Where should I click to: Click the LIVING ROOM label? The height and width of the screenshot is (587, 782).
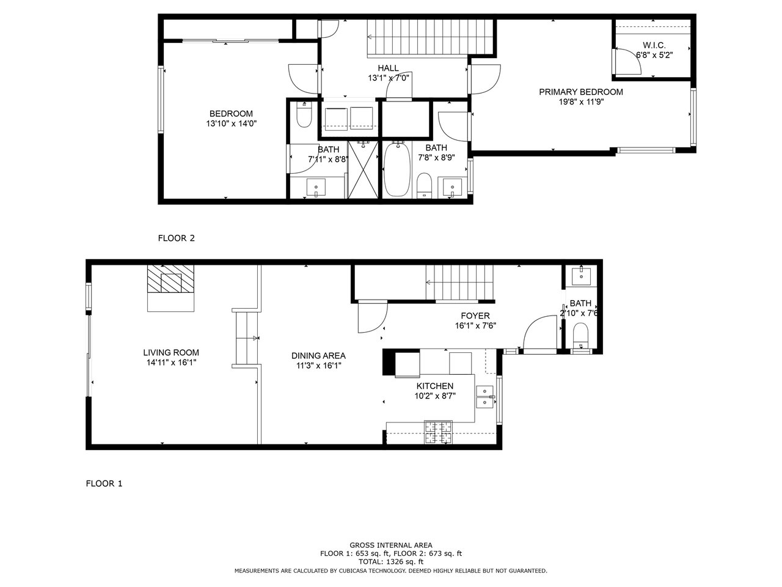(x=171, y=352)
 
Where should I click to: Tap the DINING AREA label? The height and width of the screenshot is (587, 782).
(x=318, y=355)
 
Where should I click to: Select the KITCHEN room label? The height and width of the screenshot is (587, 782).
(x=435, y=386)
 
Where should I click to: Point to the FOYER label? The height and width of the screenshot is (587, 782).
(x=475, y=316)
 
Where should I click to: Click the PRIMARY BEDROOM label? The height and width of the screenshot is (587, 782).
(x=581, y=92)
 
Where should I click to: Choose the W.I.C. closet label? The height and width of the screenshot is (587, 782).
(x=654, y=45)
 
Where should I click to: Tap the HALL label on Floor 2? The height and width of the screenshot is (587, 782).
(x=389, y=68)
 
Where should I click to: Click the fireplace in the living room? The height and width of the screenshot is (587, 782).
(x=171, y=289)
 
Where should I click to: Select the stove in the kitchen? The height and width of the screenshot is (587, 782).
(x=438, y=432)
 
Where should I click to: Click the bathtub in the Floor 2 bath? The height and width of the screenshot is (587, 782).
(x=397, y=169)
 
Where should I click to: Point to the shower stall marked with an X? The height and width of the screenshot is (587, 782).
(x=363, y=169)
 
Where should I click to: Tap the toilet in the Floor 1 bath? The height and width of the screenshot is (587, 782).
(x=581, y=335)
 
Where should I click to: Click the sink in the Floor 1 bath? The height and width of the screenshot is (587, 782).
(x=581, y=276)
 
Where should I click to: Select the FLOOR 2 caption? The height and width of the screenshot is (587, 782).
(x=177, y=238)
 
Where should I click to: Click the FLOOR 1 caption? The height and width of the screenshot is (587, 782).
(x=104, y=483)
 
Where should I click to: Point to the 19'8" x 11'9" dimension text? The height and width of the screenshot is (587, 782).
(x=581, y=102)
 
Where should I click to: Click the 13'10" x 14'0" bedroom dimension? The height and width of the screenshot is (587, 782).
(x=231, y=124)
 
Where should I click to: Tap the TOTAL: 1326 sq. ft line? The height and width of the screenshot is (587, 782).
(x=391, y=562)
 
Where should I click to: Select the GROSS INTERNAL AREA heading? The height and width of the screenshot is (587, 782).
(x=391, y=545)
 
